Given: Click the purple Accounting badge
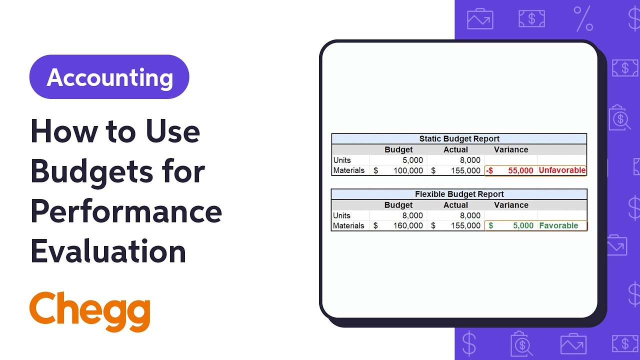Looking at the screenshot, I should coord(109,77).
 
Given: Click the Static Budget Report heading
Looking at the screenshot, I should coord(459,139).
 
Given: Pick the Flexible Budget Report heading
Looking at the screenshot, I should coord(459,194).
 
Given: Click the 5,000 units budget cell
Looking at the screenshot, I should coord(412,160).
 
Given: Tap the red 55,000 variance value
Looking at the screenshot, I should coord(520,170).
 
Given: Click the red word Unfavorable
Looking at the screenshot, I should coord(562,170).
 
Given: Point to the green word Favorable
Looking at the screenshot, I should coord(558,225).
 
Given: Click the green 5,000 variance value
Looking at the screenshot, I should coord(523,225).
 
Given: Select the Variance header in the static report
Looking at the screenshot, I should coord(510,149).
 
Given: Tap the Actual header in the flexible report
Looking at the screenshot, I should coord(455,205).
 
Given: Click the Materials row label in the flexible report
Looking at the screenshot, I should coord(348,225).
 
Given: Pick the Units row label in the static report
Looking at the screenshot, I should coord(342,160).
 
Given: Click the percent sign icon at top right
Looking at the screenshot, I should coord(583,19).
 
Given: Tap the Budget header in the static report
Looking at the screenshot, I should coord(398,149).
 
